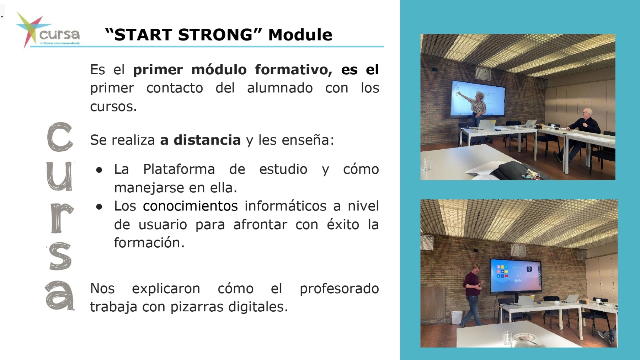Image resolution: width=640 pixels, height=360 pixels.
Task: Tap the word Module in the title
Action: [x=300, y=35]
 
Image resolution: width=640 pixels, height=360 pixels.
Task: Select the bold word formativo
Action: [x=293, y=70]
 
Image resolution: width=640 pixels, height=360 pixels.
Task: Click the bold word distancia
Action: [x=207, y=140]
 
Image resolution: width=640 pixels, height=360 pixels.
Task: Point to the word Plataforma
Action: [x=179, y=169]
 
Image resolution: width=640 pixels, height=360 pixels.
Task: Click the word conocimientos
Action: [x=190, y=206]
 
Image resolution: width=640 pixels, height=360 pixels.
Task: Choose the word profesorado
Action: [x=339, y=289]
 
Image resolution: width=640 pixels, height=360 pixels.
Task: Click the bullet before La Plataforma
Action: [x=99, y=170]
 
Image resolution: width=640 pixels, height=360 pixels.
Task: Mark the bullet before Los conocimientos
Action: [x=99, y=206]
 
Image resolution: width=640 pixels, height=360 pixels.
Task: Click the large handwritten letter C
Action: [x=60, y=137]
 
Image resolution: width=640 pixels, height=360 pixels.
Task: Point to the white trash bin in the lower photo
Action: [x=457, y=317]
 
